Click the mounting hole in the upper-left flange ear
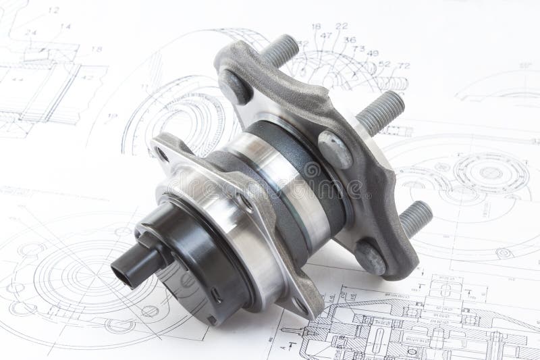click(x=163, y=155)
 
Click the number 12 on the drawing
click(x=53, y=10)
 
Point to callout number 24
click(x=30, y=32)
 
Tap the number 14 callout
click(x=65, y=27)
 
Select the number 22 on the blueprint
click(x=342, y=26)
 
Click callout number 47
click(x=326, y=35)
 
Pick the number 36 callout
click(x=349, y=40)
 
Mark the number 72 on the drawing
click(x=404, y=66)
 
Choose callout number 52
click(x=385, y=63)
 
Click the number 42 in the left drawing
click(x=88, y=77)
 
